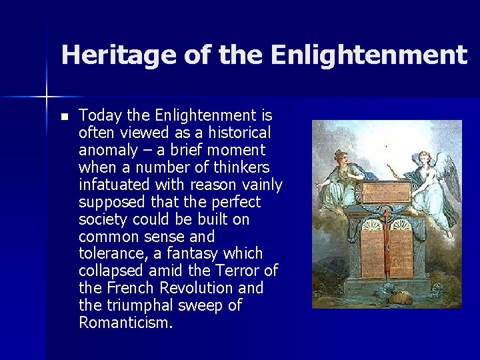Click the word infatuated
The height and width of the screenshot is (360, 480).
(113, 185)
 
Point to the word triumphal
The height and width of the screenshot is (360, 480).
(139, 306)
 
